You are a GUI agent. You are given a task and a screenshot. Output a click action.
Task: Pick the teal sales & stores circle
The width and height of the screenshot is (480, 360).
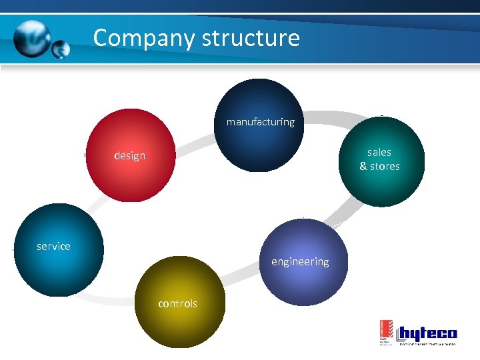[379, 163]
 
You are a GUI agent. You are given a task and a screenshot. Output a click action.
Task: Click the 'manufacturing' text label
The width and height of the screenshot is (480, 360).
[260, 122]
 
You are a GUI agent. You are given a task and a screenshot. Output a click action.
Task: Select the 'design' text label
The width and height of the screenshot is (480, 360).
[129, 156]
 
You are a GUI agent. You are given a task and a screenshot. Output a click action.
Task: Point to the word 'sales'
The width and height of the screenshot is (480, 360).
[379, 152]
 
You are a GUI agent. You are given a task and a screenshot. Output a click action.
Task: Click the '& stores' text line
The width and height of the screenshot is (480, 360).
[379, 167]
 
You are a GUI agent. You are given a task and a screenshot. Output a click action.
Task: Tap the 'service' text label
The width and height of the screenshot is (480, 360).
[53, 247]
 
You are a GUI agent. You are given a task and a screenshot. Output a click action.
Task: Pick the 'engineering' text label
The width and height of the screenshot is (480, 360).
[300, 261]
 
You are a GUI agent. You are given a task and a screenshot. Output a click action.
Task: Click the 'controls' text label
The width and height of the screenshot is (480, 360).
[177, 304]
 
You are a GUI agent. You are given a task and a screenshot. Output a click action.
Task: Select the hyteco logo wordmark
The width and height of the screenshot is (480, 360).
[427, 333]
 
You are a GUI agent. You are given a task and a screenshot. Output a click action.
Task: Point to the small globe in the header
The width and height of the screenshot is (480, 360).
[61, 49]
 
